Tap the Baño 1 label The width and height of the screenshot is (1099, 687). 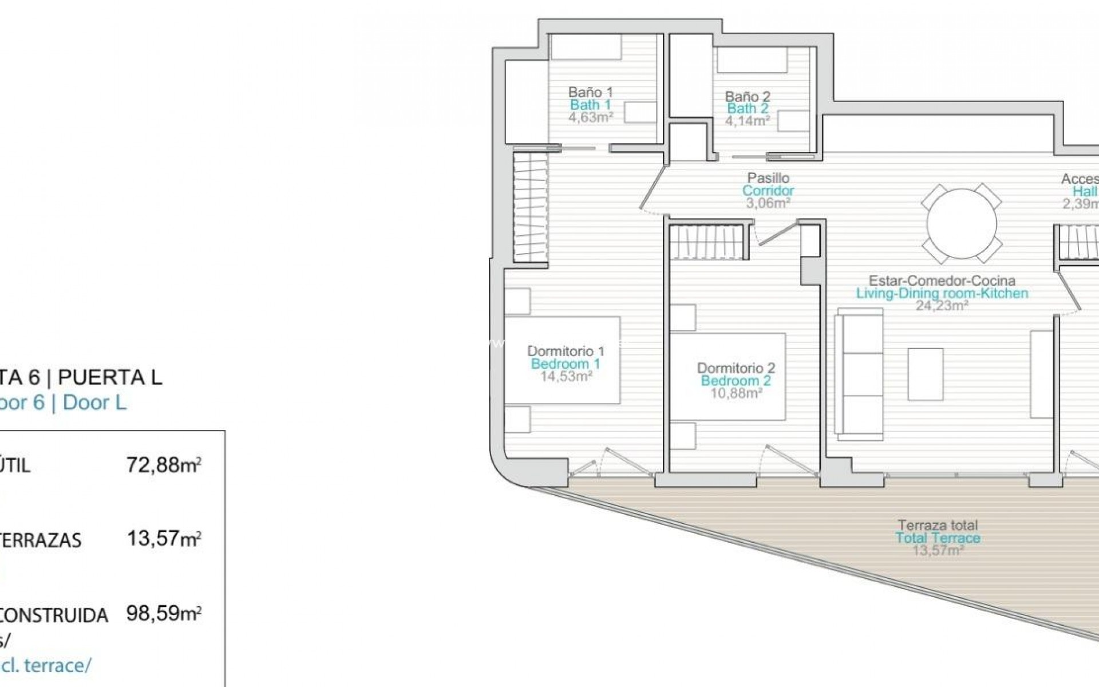[x=590, y=92]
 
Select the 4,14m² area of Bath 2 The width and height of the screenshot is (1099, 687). [x=747, y=121]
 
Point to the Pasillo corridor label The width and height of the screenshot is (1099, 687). [x=768, y=178]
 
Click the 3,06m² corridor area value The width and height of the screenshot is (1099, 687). [x=768, y=203]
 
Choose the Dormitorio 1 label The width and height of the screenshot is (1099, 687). [x=566, y=350]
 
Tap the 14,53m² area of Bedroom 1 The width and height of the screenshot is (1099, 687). [x=566, y=376]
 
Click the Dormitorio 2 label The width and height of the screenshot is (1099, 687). [x=736, y=368]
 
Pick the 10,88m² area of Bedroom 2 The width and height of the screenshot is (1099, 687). [x=736, y=393]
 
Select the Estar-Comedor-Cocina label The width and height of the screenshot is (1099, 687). [x=942, y=281]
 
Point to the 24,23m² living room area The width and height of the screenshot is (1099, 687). [x=942, y=306]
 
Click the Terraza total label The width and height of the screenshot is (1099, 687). [x=938, y=525]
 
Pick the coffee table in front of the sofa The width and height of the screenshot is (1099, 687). [x=925, y=374]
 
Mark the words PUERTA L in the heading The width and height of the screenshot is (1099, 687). [x=110, y=377]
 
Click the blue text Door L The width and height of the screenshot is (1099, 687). [x=94, y=402]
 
